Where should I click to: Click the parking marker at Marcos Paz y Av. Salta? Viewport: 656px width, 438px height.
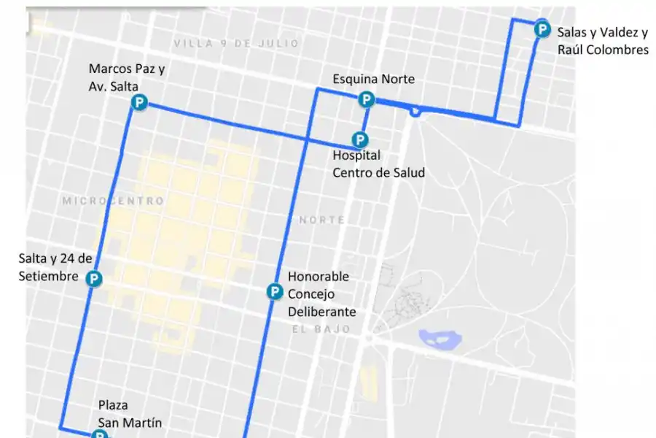coord(138,103)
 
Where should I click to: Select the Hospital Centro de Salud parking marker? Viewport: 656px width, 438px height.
coord(359,139)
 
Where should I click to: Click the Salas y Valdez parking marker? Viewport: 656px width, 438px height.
coord(542,30)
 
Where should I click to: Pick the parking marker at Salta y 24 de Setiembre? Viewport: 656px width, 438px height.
coord(93,278)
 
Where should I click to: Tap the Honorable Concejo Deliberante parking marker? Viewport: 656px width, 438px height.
coord(274,292)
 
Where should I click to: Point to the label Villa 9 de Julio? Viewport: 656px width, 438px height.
coord(236,44)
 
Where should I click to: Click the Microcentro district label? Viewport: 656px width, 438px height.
coord(113,200)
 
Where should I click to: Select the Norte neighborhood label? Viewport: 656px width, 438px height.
coord(321,219)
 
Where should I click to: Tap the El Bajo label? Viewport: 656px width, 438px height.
coord(321,329)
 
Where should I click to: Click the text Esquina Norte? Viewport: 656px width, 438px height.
coord(373,79)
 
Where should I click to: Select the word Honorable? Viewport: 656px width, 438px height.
coord(319,277)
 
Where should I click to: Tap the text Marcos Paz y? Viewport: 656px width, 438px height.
coord(127,69)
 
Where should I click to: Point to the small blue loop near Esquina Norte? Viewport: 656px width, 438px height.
coord(415,112)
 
